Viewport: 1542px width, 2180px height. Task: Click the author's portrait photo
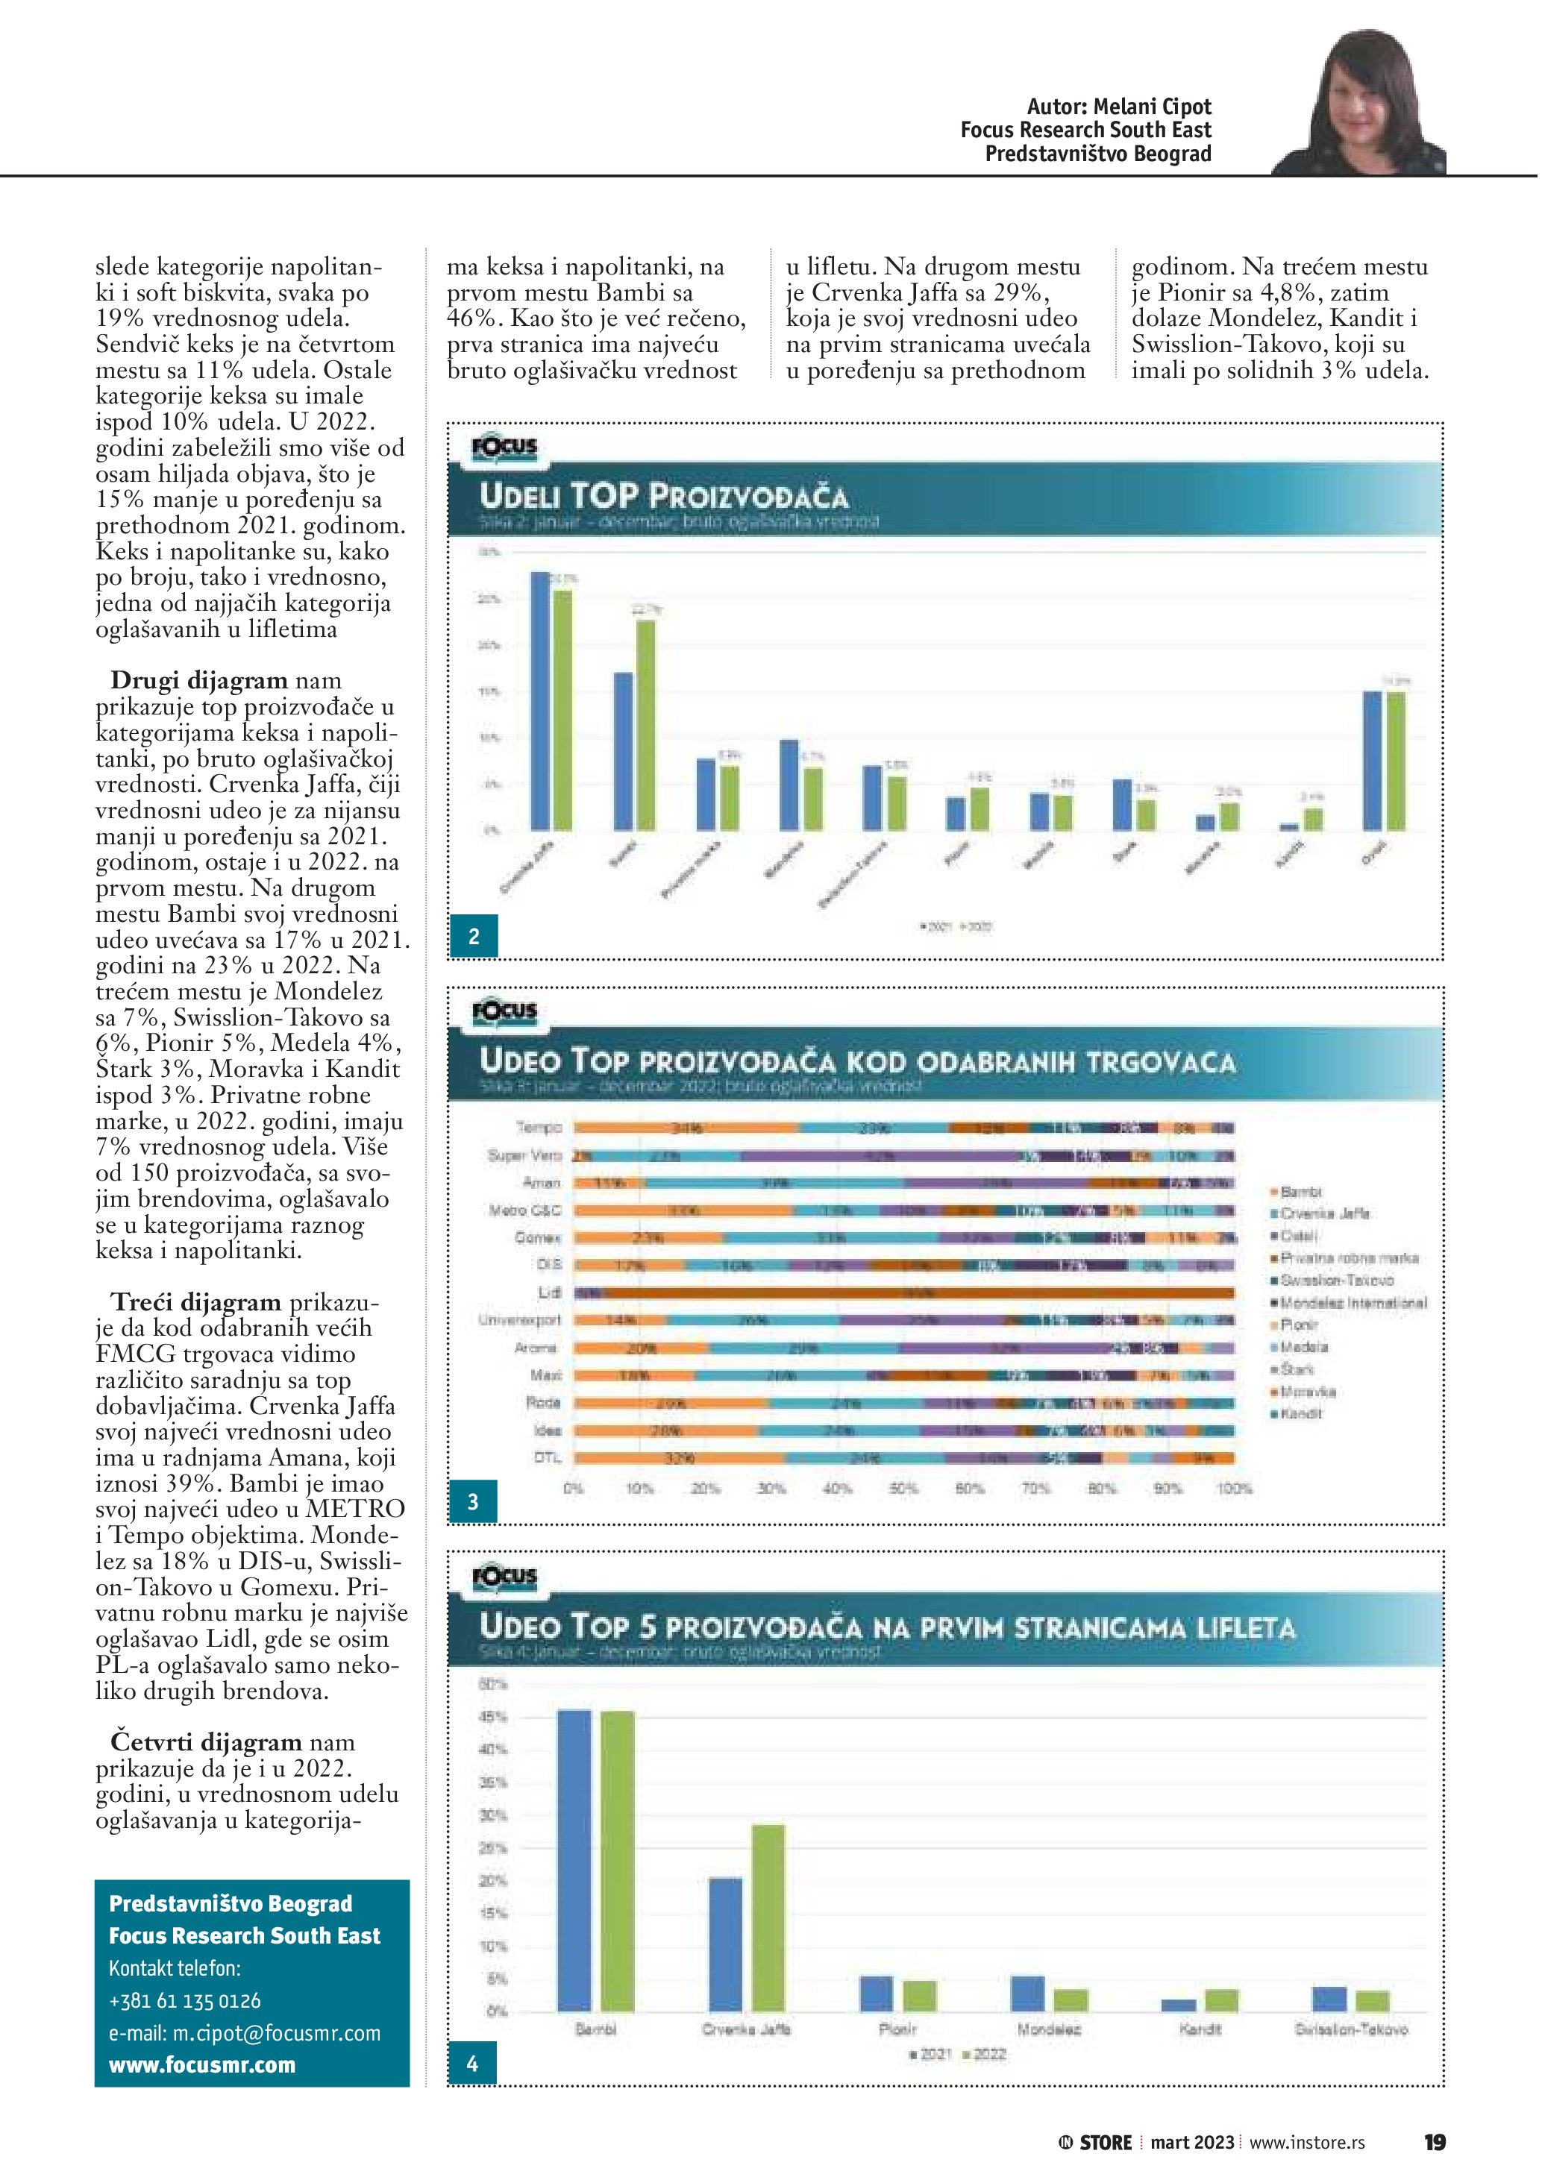tap(1360, 104)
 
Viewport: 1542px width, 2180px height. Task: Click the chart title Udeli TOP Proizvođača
tap(664, 496)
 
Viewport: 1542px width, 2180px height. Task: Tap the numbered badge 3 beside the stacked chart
tap(473, 1502)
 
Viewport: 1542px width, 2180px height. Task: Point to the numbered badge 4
tap(473, 2062)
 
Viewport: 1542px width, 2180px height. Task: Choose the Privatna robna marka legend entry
tap(1348, 1258)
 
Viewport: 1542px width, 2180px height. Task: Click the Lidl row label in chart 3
tap(550, 1292)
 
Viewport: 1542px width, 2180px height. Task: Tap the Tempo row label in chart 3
tap(539, 1127)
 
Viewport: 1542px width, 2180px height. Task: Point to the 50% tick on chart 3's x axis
tap(902, 1488)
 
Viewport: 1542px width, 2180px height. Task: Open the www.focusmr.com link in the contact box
tap(202, 2065)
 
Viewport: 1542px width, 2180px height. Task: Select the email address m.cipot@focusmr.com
tap(244, 2033)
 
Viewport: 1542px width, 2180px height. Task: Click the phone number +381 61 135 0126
tap(185, 2000)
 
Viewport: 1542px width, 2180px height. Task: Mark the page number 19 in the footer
tap(1434, 2142)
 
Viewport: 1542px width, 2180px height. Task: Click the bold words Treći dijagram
tap(196, 1301)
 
